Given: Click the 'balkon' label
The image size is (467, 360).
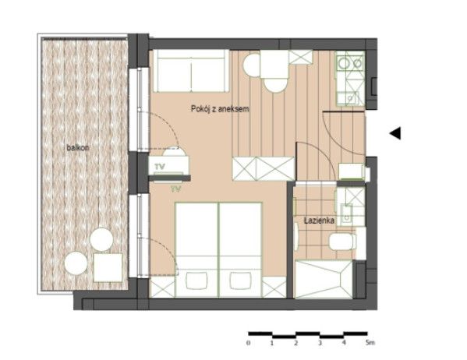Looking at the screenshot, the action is pyautogui.click(x=78, y=147).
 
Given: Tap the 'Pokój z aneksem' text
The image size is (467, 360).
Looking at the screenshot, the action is pyautogui.click(x=220, y=109).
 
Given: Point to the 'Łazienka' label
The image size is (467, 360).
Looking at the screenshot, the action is pyautogui.click(x=319, y=221).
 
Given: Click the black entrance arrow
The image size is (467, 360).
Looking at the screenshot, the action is pyautogui.click(x=395, y=133).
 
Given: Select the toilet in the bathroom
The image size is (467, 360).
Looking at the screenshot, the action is pyautogui.click(x=342, y=242).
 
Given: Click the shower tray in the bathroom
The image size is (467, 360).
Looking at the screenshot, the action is pyautogui.click(x=323, y=279).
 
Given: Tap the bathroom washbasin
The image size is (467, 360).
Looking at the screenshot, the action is pyautogui.click(x=346, y=214).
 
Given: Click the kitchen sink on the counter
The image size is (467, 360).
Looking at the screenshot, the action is pyautogui.click(x=352, y=98).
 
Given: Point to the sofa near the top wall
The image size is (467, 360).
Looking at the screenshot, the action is pyautogui.click(x=191, y=71).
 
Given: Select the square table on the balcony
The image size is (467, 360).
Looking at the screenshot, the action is pyautogui.click(x=108, y=267).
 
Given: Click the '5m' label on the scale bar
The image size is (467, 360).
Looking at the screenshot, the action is pyautogui.click(x=370, y=343).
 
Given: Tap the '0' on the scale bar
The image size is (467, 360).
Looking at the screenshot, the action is pyautogui.click(x=249, y=343).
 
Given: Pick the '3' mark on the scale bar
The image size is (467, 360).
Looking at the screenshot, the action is pyautogui.click(x=320, y=343).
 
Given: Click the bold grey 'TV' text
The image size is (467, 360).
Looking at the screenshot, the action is pyautogui.click(x=160, y=167).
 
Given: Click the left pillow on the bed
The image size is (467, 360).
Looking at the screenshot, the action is pyautogui.click(x=197, y=281).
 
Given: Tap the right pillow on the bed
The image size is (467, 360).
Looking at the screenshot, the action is pyautogui.click(x=240, y=281).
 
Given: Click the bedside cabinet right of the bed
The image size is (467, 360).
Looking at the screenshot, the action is pyautogui.click(x=274, y=288).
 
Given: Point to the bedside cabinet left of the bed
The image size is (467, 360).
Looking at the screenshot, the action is pyautogui.click(x=163, y=288).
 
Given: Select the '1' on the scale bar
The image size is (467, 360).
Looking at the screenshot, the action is pyautogui.click(x=272, y=343).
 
